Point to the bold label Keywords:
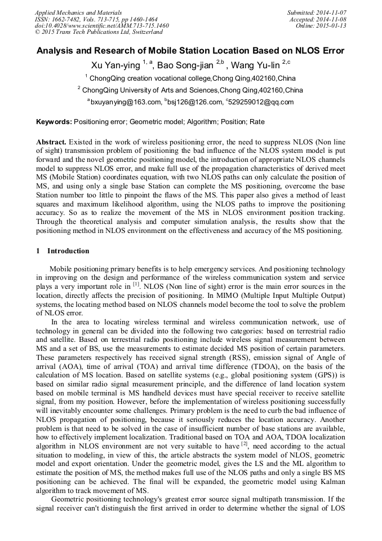(x=54, y=121)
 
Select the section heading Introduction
(x=68, y=251)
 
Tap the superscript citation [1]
(x=136, y=284)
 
